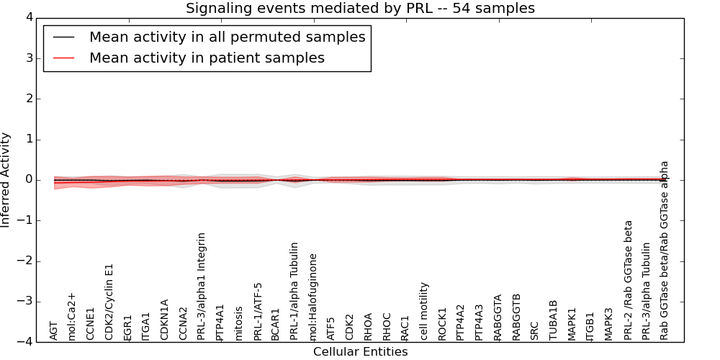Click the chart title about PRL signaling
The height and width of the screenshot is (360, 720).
(360, 9)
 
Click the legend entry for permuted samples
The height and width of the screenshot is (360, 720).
(227, 37)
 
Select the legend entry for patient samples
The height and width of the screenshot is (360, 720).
(207, 58)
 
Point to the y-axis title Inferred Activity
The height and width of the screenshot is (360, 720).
(6, 180)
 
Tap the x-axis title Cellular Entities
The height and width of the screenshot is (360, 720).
(360, 352)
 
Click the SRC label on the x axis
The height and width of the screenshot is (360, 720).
(534, 330)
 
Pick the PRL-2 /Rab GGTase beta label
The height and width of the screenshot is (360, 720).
(629, 280)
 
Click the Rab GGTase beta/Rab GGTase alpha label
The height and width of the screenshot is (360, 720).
(665, 250)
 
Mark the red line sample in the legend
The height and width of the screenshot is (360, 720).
(63, 58)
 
